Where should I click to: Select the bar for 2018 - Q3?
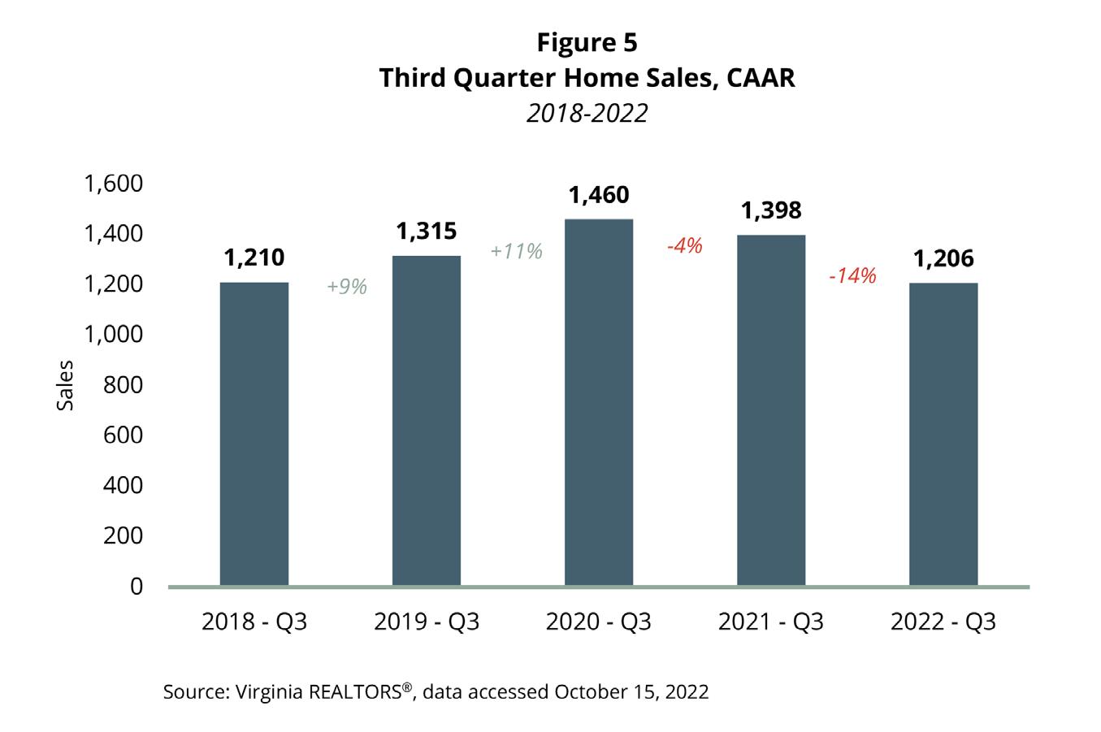[x=254, y=434]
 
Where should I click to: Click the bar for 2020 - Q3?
[x=599, y=402]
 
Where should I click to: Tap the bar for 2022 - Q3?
[x=943, y=435]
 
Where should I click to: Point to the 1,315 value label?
[x=427, y=232]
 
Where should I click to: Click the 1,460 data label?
[x=599, y=195]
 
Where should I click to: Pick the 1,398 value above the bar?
[x=771, y=210]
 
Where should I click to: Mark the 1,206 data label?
[x=943, y=258]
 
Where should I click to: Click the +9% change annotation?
[x=347, y=287]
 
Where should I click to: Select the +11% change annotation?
[x=516, y=251]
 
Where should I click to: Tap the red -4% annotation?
[x=684, y=245]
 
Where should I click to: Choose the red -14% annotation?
[x=852, y=276]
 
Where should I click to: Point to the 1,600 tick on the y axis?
[x=114, y=184]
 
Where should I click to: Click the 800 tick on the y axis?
[x=124, y=384]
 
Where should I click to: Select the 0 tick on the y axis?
[x=137, y=586]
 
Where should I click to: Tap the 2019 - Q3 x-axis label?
[x=427, y=622]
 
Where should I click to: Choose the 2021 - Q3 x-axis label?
[x=771, y=622]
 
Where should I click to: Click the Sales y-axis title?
[x=65, y=385]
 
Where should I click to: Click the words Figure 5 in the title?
[x=587, y=42]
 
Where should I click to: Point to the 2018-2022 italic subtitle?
[x=587, y=113]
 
